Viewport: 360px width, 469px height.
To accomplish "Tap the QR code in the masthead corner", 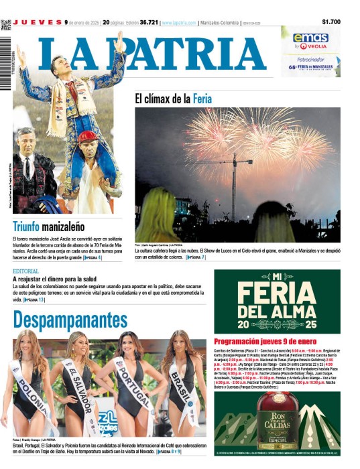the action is click(6, 25).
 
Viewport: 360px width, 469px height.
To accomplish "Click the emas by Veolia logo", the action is click(310, 41).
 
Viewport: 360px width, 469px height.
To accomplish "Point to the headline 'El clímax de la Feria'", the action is click(173, 98).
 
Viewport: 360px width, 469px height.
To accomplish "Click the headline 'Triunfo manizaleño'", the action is click(46, 226).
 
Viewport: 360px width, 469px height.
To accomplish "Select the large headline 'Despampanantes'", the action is click(70, 319).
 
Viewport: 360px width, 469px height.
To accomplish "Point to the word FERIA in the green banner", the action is click(278, 295).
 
